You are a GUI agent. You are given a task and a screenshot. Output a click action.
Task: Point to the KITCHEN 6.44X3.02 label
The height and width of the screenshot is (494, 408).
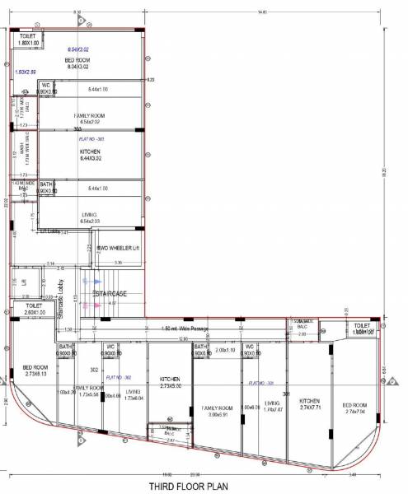pyautogui.click(x=90, y=155)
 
